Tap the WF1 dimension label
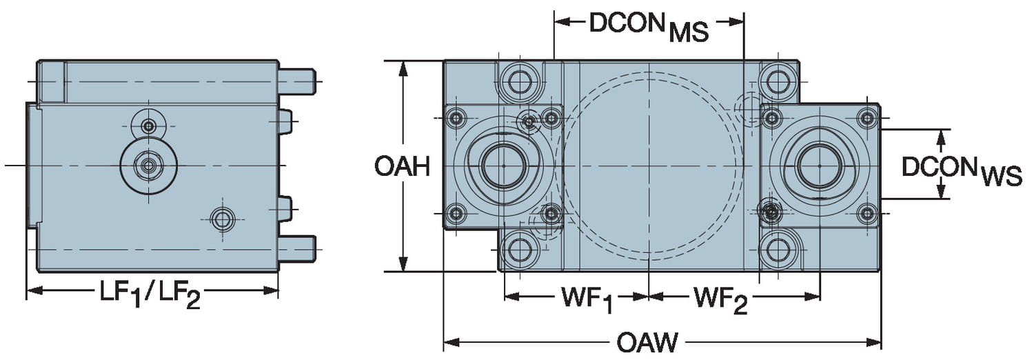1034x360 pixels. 587,298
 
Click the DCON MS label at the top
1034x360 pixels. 649,26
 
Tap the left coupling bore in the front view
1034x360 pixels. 503,166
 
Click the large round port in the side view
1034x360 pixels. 148,165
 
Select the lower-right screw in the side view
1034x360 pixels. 221,219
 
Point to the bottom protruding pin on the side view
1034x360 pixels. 298,248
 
